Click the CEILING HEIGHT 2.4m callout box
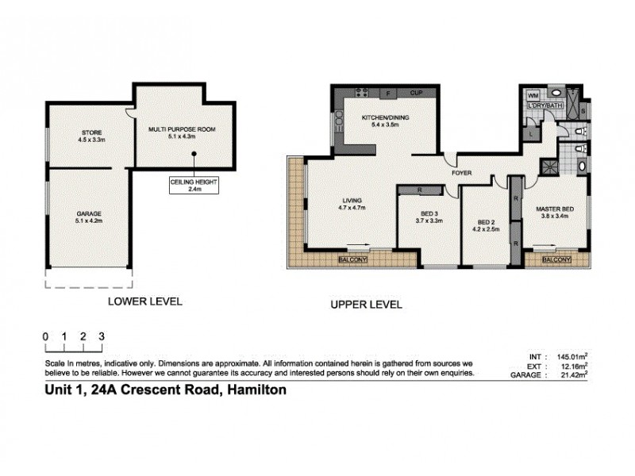pyautogui.click(x=193, y=185)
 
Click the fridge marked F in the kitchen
pyautogui.click(x=387, y=94)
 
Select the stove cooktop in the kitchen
pyautogui.click(x=364, y=94)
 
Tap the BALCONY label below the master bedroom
pyautogui.click(x=557, y=259)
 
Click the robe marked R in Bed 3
pyautogui.click(x=420, y=190)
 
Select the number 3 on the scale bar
pyautogui.click(x=102, y=336)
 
